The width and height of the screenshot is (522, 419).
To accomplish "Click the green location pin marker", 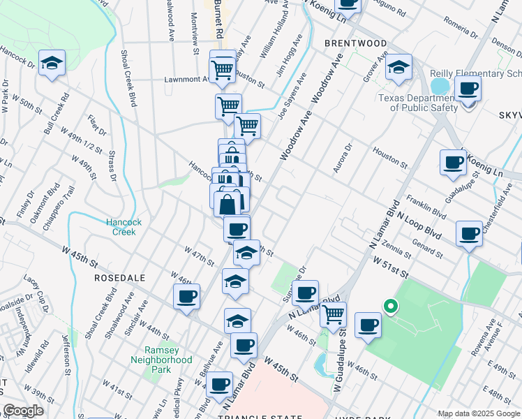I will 391,306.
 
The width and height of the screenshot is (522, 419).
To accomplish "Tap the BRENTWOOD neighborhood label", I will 356,43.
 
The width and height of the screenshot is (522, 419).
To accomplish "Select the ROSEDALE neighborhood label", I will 120,277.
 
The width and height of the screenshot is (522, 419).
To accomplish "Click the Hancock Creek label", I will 124,227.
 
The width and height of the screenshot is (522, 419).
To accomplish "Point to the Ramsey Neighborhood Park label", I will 161,360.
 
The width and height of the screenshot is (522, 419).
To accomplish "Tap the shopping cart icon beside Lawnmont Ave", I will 222,68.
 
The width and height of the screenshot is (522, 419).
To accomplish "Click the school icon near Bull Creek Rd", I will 51,64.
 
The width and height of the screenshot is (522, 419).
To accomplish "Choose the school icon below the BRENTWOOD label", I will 398,68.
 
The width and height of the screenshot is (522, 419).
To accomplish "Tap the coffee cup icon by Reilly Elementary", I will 468,89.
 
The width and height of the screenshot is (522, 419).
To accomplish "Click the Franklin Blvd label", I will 426,207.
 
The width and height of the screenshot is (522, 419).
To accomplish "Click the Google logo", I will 23,411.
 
